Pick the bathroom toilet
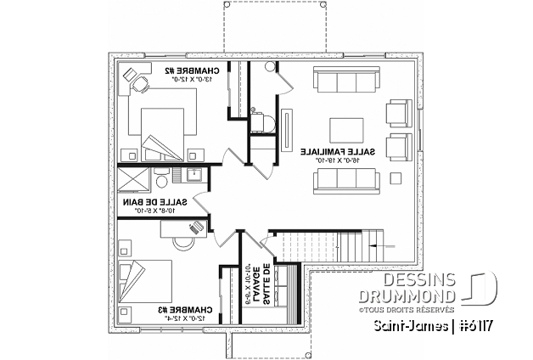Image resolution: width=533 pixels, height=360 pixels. pos(161,179)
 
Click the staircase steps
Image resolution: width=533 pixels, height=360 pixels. pos(347,247)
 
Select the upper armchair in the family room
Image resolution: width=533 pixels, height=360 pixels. pos(397,114)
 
